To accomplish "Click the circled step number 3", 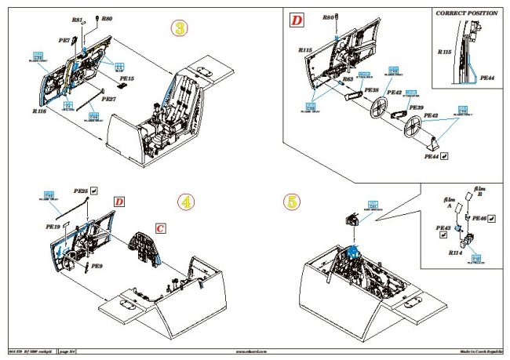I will (180, 30).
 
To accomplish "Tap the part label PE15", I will (126, 79).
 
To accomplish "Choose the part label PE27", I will (107, 99).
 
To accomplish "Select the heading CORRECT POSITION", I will (467, 13).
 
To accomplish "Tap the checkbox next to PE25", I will (93, 190).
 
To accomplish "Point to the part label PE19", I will (53, 225).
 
